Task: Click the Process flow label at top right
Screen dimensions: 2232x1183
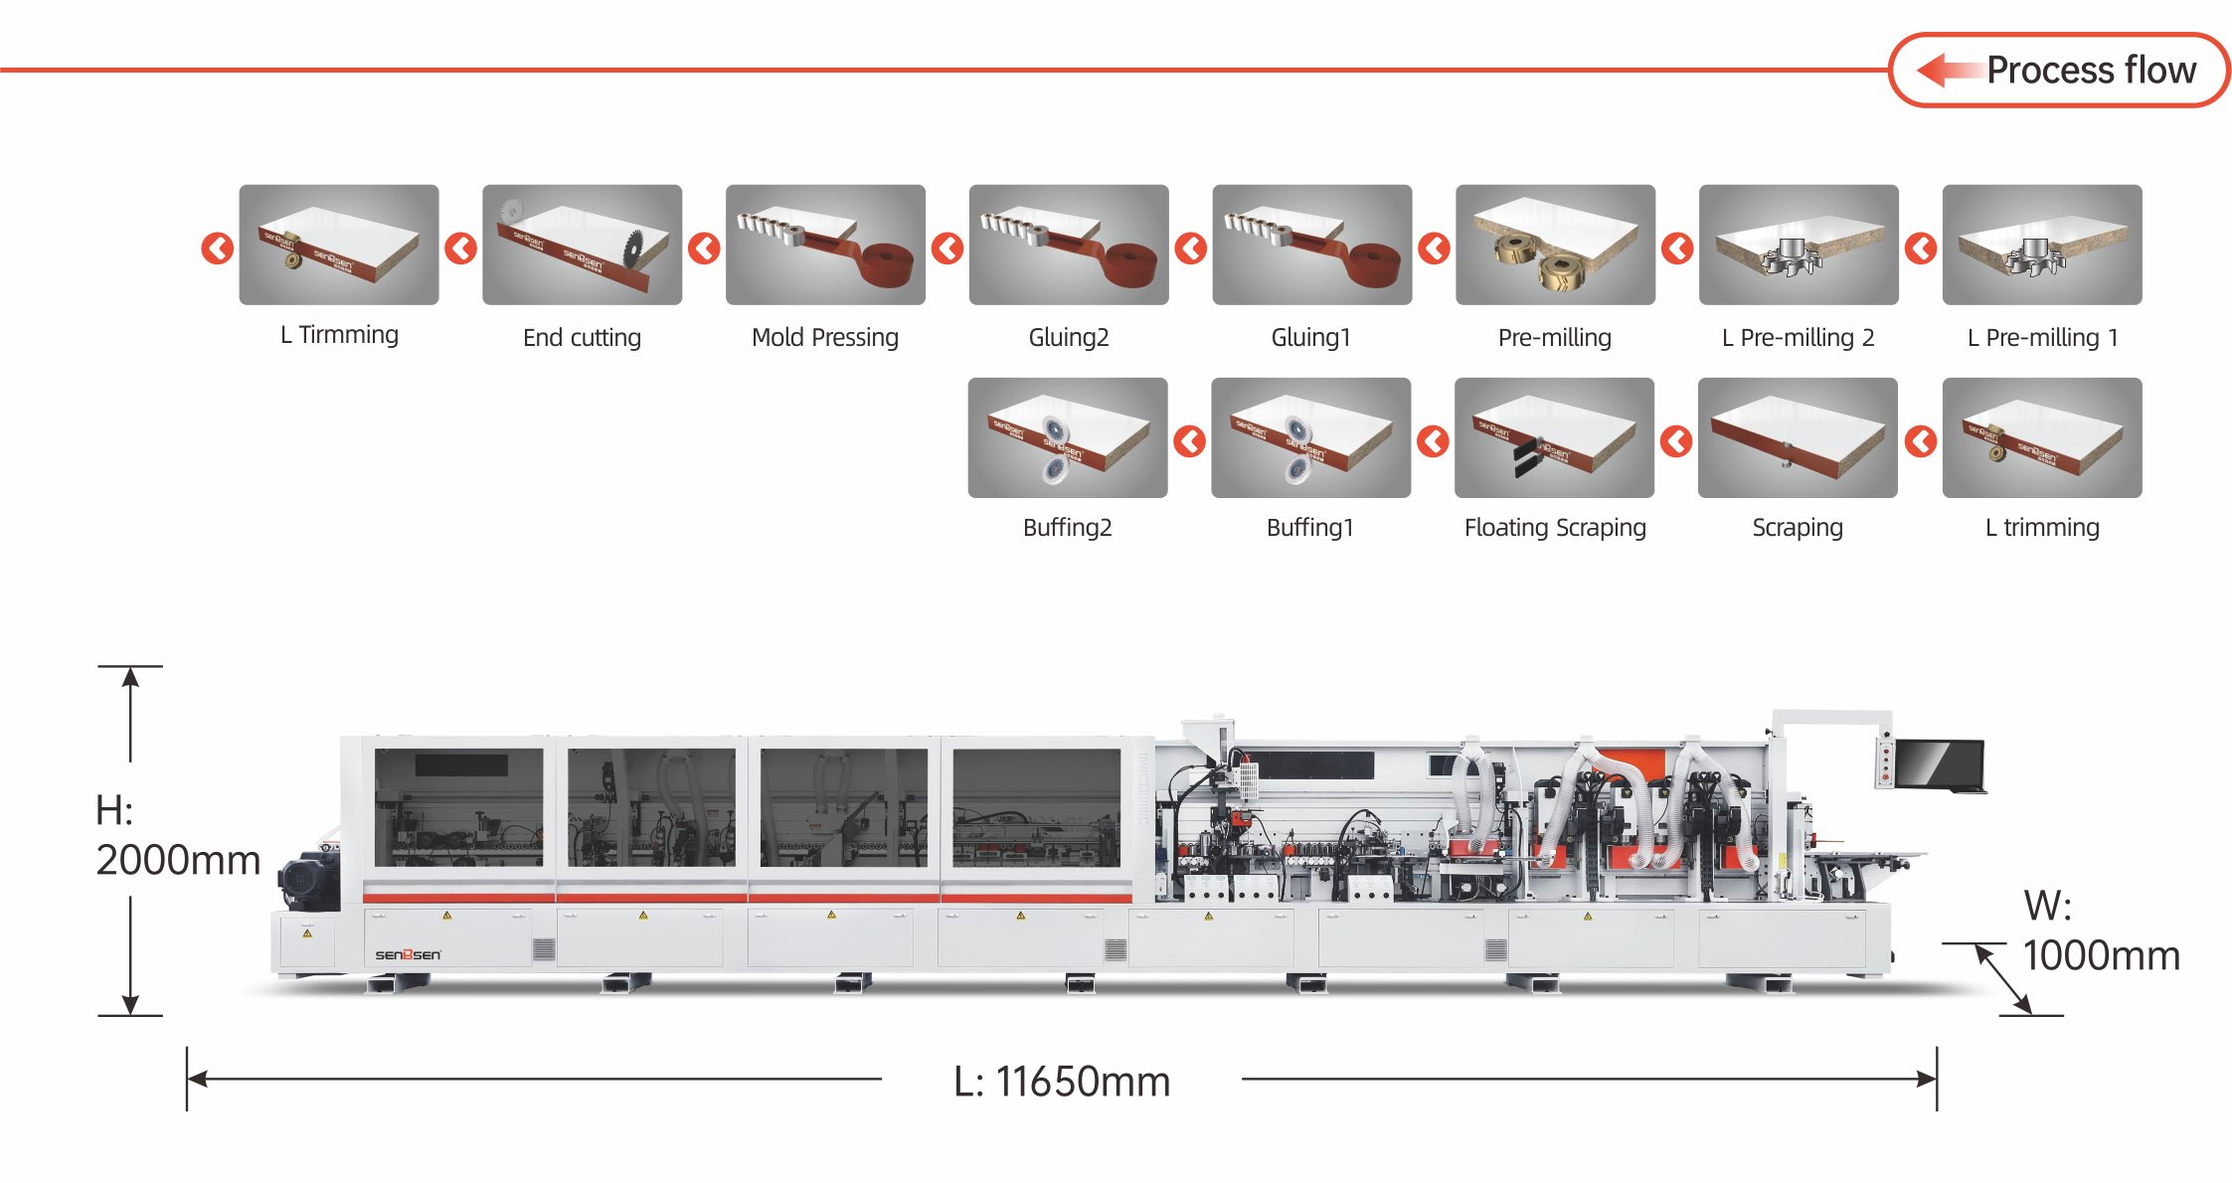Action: tap(2091, 70)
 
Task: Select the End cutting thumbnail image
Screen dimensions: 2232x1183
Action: tap(583, 245)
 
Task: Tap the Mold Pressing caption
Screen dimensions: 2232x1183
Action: tap(825, 338)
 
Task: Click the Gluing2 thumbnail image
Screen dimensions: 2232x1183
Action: tap(1069, 245)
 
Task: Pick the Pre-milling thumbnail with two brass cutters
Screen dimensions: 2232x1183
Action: tap(1555, 245)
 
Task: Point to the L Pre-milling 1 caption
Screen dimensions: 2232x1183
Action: tap(2042, 338)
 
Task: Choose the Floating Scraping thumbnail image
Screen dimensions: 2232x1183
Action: tap(1554, 437)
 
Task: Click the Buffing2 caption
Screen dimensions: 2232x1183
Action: tap(1068, 527)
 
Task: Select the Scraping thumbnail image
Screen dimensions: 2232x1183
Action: tap(1798, 437)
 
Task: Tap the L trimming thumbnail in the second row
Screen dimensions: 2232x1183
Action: tap(2042, 437)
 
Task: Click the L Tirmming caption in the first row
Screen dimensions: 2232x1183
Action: tap(339, 335)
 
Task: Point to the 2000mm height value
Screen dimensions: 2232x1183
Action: tap(178, 860)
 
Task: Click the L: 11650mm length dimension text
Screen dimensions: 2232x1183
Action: tap(1062, 1082)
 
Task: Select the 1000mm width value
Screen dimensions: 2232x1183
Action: tap(2102, 955)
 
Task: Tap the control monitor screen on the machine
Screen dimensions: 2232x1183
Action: tap(1939, 763)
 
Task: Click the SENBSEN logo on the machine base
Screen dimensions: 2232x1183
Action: tap(408, 954)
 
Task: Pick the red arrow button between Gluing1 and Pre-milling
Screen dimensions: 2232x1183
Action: tap(1434, 248)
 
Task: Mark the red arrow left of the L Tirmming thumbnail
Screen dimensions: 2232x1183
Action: tap(217, 248)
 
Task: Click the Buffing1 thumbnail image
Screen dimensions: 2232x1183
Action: tap(1310, 437)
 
